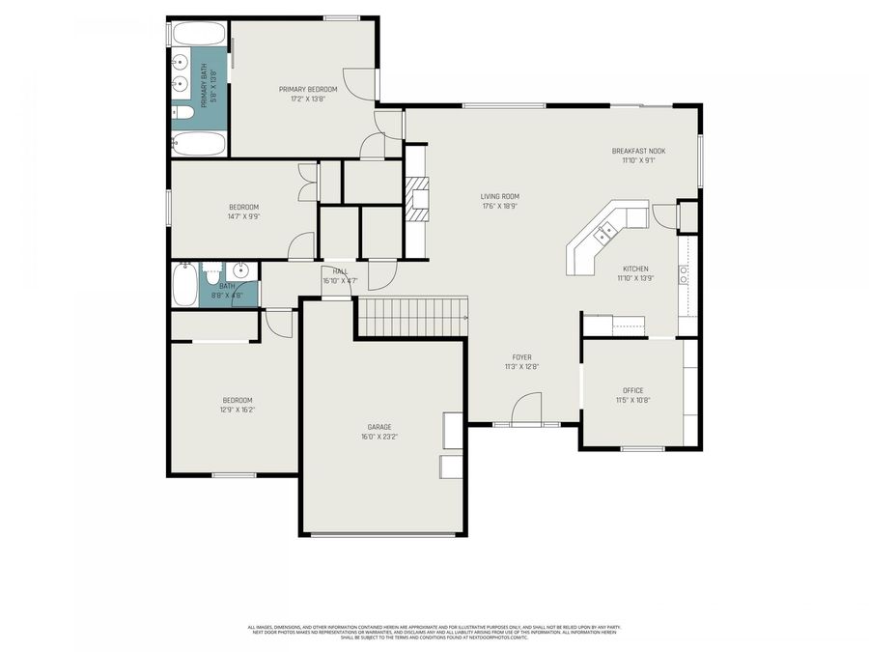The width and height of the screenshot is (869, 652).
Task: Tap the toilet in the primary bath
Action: pos(183,113)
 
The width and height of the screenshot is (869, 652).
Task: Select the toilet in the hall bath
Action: pos(213,273)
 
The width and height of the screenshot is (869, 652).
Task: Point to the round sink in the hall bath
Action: pos(241,270)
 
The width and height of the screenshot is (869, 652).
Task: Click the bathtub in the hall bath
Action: pos(183,285)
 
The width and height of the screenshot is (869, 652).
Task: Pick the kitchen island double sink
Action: pos(607,232)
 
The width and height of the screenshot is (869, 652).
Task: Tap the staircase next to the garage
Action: pos(412,316)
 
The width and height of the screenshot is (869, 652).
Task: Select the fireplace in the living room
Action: pos(416,199)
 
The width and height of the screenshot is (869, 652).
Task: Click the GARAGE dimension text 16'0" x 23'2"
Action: pos(378,437)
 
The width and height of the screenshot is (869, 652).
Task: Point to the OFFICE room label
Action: pos(632,391)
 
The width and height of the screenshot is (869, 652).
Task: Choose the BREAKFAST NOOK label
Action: pos(638,151)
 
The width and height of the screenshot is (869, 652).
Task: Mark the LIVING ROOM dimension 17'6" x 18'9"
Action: pos(499,206)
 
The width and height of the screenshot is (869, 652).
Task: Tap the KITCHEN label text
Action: pos(634,269)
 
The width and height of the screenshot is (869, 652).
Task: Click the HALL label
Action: pos(340,271)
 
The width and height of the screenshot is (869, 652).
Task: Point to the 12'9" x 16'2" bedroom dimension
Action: pos(238,410)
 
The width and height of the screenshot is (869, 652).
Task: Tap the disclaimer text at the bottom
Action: pos(434,632)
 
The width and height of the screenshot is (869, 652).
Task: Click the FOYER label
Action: pos(521,357)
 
